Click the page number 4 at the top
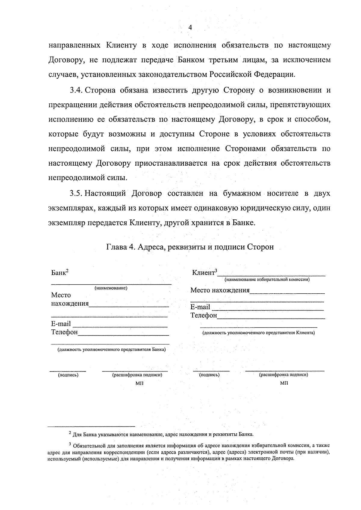point(190,28)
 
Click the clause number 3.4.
point(76,90)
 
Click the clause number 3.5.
point(76,193)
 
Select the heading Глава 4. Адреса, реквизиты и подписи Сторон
point(190,247)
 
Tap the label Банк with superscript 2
point(60,273)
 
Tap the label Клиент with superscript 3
point(205,273)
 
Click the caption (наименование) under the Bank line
point(111,288)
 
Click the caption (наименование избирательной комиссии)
point(267,279)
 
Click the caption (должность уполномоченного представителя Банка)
point(112,350)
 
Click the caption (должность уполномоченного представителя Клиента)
point(258,333)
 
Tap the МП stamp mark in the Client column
point(284,383)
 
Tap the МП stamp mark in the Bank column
point(140,383)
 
